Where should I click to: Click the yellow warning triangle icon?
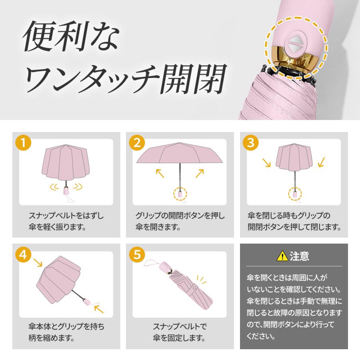pos(282,255)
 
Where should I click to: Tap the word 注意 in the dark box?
pos(299,255)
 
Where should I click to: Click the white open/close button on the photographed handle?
pos(296,44)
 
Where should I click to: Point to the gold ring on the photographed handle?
pos(298,63)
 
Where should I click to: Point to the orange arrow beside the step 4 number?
pos(38,263)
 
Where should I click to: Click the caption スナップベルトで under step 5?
pos(180,326)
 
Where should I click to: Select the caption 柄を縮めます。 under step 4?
pos(50,338)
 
